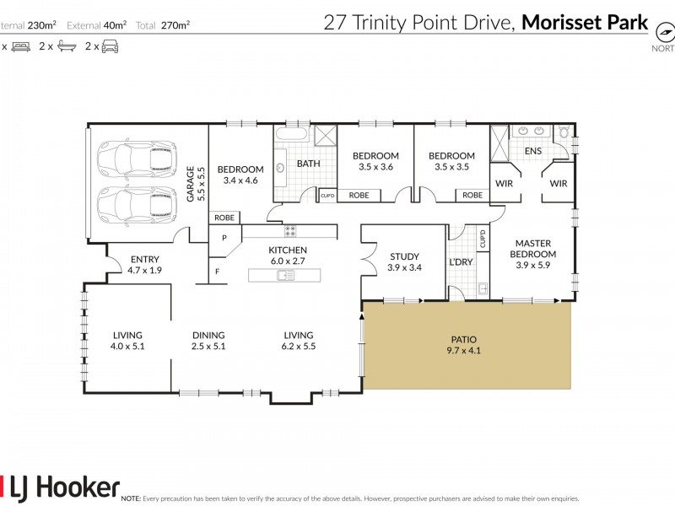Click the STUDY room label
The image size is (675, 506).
(403, 257)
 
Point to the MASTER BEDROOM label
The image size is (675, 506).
(535, 249)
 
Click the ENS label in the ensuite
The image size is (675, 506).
(533, 151)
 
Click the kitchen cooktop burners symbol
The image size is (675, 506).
(291, 230)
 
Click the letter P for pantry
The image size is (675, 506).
(225, 238)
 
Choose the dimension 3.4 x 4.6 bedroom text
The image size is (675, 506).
(240, 180)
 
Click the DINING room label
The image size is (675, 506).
(208, 335)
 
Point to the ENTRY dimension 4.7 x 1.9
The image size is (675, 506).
(144, 270)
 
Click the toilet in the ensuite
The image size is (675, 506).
(564, 132)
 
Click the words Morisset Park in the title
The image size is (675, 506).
(584, 23)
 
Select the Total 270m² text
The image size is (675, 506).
(165, 24)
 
